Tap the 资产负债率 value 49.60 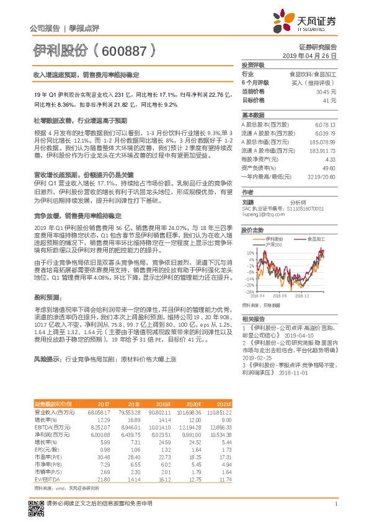pos(329,167)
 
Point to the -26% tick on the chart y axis pos(250,291)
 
